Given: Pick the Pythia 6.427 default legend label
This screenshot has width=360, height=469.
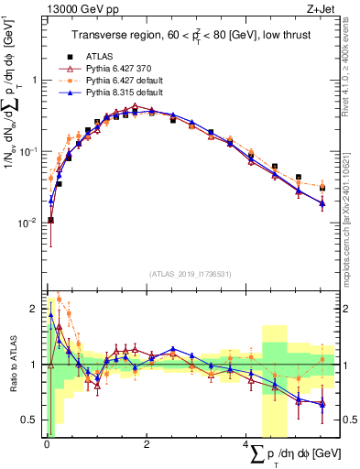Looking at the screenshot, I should click(120, 80).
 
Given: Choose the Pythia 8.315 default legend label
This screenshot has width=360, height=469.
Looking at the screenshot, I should click(120, 93).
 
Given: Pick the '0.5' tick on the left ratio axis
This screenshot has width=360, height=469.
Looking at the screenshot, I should click(28, 420).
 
